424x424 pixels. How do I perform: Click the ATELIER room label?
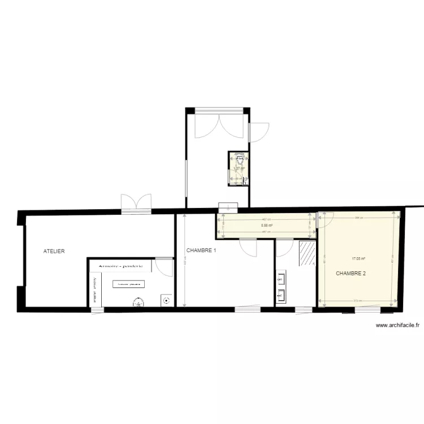coord(54,250)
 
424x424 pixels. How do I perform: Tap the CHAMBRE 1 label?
coord(201,250)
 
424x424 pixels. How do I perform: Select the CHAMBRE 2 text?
coord(351,274)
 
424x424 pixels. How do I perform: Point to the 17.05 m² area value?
coord(358,259)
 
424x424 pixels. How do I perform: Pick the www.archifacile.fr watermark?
coord(397,325)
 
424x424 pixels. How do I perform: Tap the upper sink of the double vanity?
coord(280,278)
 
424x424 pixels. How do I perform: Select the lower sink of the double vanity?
coord(280,294)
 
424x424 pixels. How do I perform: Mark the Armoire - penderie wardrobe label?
coord(120,266)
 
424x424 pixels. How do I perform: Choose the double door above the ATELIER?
coord(136,202)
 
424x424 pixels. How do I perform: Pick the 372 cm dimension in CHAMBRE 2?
coord(358,301)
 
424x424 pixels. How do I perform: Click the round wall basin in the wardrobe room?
coord(166,300)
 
